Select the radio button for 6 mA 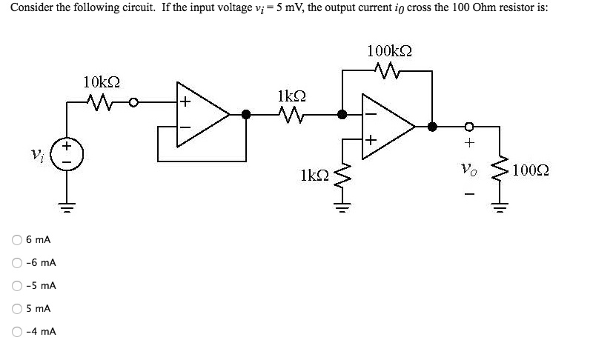(x=16, y=240)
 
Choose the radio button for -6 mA (x=16, y=263)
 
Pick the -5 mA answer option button (x=16, y=286)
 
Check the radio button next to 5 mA (x=16, y=308)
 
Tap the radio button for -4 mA (x=16, y=331)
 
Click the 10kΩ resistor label (x=102, y=81)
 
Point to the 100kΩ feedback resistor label (x=390, y=51)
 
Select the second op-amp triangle (x=385, y=126)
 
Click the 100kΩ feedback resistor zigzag (x=389, y=72)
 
